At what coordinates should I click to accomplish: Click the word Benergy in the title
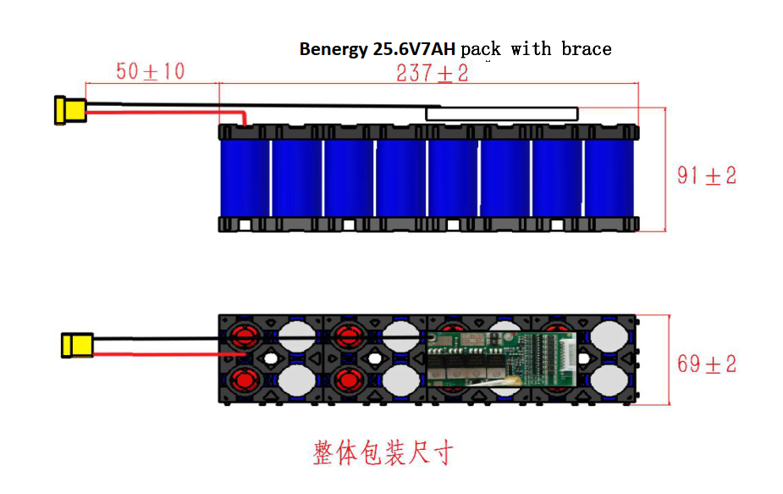pos(334,49)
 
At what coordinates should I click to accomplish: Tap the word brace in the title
pos(586,49)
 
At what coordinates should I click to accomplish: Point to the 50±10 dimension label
pos(151,71)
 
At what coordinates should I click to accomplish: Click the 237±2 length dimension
pos(432,74)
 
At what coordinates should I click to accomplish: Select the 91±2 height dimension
pos(707,175)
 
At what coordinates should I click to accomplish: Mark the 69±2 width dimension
pos(707,364)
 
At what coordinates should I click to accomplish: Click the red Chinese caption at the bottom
pos(383,452)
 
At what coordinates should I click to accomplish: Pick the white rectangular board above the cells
pos(502,114)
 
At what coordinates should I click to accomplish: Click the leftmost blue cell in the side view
pos(245,177)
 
